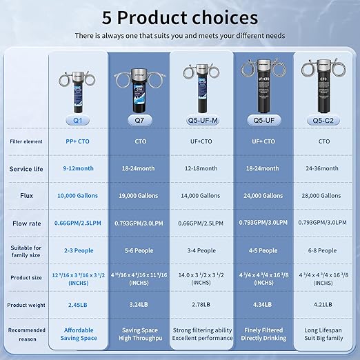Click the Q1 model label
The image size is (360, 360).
pos(78,121)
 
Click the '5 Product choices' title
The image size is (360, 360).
pos(180,17)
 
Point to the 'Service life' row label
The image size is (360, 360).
pos(26,169)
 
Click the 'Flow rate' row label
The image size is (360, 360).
pos(26,223)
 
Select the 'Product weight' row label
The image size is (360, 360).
pos(26,304)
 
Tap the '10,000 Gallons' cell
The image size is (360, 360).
pos(78,196)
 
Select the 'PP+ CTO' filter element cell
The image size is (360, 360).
pos(78,141)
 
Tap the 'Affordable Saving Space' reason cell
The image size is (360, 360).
pos(78,334)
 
